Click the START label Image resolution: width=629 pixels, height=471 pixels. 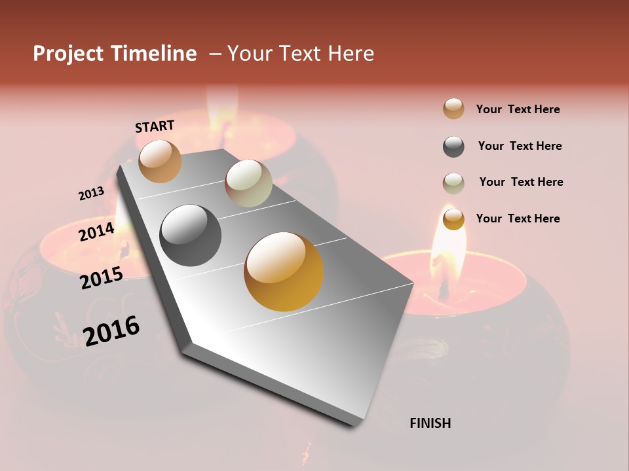(155, 126)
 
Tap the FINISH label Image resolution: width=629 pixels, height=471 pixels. (430, 423)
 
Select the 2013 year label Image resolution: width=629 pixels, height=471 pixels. (91, 194)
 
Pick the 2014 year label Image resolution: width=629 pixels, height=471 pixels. (96, 232)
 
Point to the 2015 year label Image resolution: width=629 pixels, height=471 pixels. (102, 278)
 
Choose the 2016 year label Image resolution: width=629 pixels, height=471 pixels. (111, 330)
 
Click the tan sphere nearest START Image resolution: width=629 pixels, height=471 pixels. (161, 161)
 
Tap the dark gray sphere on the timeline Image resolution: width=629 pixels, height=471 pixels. (191, 235)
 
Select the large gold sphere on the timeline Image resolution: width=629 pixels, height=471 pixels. (284, 271)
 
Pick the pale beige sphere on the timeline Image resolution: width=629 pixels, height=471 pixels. (248, 183)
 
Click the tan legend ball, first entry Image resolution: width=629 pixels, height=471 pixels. (453, 109)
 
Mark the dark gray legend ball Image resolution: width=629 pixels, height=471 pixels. (453, 147)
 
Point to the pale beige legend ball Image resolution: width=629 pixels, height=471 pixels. (453, 183)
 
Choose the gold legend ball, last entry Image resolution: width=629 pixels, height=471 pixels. (453, 219)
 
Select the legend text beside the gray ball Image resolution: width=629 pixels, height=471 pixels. (520, 146)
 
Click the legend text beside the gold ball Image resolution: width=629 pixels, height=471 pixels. (518, 218)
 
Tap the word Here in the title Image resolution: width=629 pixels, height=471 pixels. (351, 54)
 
